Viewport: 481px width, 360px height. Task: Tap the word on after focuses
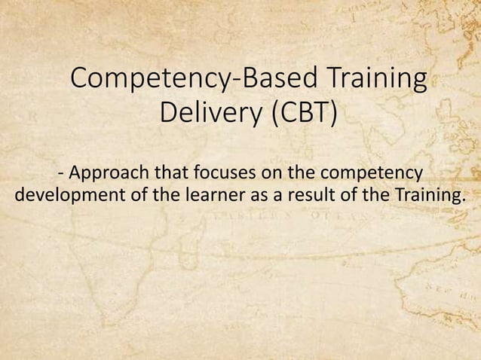click(x=268, y=172)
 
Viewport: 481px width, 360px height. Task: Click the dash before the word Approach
click(x=60, y=174)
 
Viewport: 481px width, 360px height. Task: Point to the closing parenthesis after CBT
click(x=333, y=116)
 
